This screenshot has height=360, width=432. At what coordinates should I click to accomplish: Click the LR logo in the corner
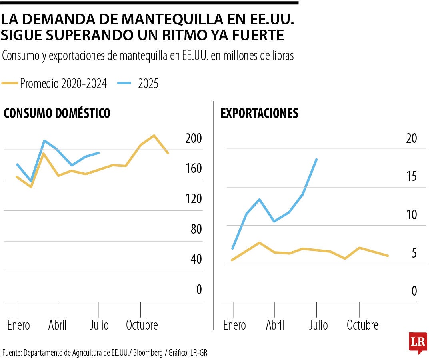point(418,342)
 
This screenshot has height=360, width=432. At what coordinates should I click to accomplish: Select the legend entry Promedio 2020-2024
point(54,84)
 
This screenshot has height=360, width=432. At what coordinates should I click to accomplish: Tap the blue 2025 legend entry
point(138,84)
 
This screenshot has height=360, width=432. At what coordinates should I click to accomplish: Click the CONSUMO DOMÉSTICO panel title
point(57,114)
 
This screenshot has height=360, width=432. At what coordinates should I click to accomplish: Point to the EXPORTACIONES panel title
point(259,114)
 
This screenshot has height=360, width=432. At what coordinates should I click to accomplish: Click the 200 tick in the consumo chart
point(194,138)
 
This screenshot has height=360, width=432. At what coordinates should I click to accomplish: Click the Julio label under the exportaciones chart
point(318,325)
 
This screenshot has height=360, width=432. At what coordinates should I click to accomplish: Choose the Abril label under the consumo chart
point(58,325)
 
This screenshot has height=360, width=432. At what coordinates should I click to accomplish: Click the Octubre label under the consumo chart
point(142,325)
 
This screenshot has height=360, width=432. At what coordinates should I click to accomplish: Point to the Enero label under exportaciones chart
point(234,325)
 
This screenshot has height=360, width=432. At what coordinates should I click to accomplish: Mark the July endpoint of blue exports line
point(316,159)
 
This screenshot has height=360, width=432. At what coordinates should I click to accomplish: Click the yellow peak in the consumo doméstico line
point(154,136)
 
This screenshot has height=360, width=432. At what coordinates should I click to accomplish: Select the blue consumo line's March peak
point(44,140)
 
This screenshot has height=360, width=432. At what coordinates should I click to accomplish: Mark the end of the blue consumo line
point(99,152)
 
